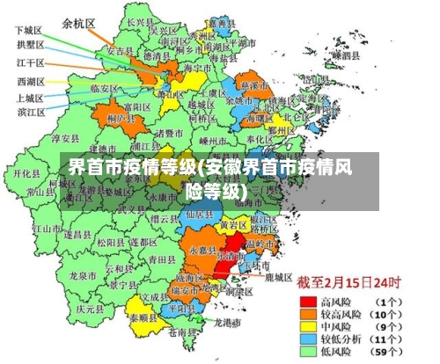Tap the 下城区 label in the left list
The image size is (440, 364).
(29, 30)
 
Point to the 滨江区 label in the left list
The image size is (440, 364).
(31, 113)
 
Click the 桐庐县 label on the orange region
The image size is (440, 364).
(119, 118)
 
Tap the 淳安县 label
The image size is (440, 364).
(66, 138)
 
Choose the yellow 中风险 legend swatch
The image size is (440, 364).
(309, 325)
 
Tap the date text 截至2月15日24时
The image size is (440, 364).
(348, 283)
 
